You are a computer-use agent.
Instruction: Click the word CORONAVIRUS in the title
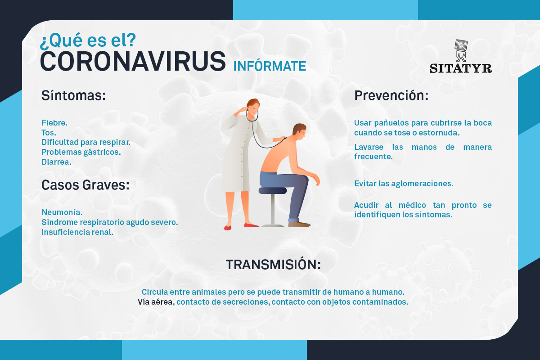133,62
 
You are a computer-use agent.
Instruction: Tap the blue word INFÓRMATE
270,66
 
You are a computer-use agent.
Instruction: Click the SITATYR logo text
461,68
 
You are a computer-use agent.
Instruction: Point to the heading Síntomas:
73,95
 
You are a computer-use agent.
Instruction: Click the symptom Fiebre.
54,123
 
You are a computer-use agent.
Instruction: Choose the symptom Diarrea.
56,162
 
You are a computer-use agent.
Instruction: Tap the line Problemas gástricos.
81,152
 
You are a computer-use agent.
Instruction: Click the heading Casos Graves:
85,185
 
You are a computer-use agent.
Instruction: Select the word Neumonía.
62,212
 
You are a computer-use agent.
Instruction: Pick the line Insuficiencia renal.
77,232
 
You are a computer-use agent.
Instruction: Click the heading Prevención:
391,95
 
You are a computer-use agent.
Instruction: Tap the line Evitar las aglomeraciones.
404,184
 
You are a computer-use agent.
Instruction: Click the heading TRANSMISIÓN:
274,265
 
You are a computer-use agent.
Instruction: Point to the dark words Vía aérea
155,302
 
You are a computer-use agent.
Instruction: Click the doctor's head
253,107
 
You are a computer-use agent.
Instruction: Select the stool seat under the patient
272,190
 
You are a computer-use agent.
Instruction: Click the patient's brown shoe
299,224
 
